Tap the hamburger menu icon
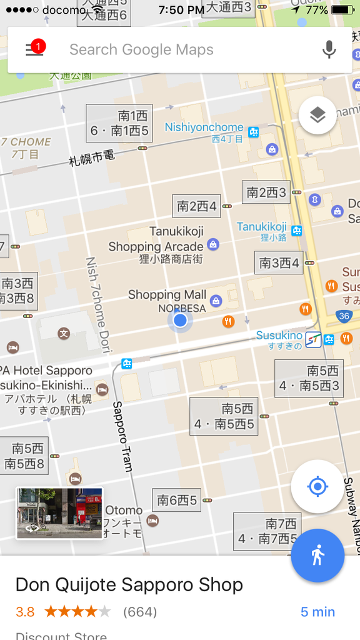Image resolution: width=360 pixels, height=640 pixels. tap(35, 49)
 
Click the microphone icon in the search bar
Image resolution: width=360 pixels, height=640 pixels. tap(329, 49)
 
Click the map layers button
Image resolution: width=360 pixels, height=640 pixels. tap(317, 115)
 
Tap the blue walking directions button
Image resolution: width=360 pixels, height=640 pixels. tap(317, 555)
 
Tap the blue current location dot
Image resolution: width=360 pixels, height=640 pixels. tap(180, 321)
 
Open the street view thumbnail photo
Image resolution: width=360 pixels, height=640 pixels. tap(59, 512)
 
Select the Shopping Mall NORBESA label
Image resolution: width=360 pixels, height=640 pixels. tap(167, 300)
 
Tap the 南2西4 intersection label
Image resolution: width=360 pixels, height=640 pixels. tap(197, 206)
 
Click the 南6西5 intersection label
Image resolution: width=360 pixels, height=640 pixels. tap(177, 500)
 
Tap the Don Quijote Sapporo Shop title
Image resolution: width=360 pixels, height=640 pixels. tap(129, 585)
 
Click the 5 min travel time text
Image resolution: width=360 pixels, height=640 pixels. tap(317, 612)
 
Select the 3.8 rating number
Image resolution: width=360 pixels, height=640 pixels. tap(25, 612)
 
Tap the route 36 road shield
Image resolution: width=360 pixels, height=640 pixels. tap(343, 316)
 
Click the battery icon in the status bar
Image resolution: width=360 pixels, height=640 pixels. tap(342, 10)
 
